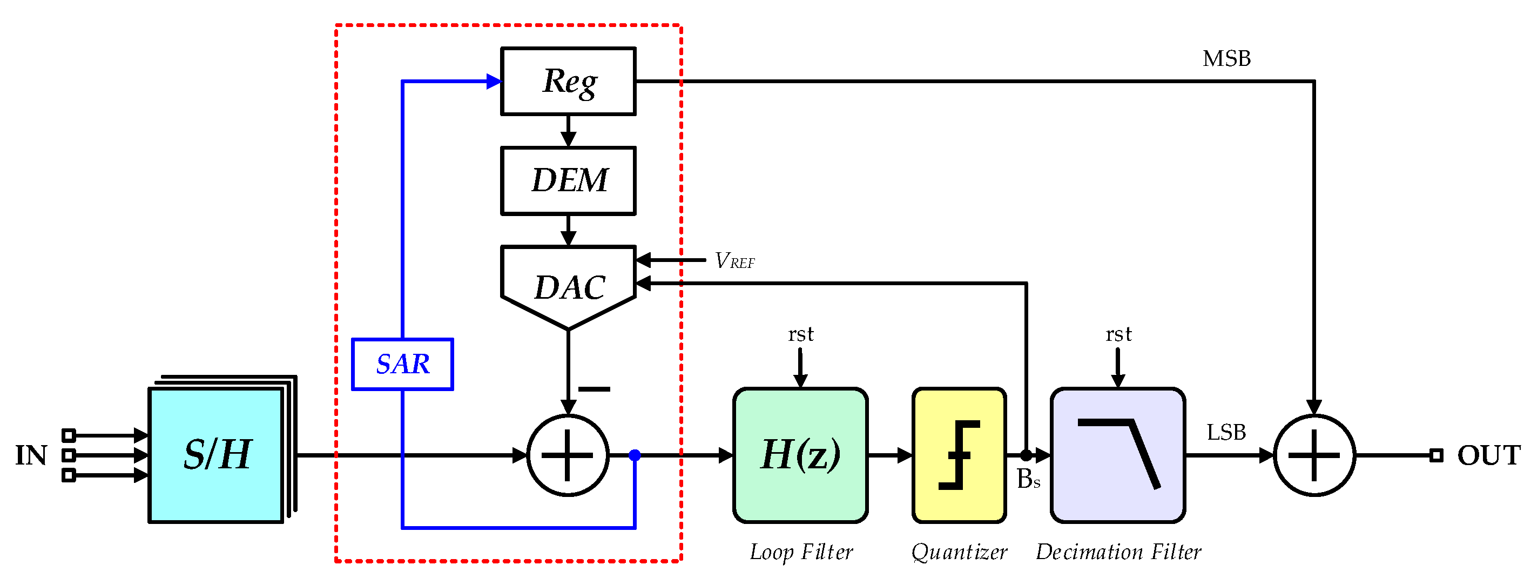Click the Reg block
568,81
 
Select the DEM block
568,181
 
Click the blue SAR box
402,364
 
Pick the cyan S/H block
215,455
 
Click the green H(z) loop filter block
800,455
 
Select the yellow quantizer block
959,455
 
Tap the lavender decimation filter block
1117,455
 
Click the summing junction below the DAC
568,455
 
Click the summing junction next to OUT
1314,455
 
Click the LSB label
1226,432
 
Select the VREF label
734,260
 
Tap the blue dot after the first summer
635,455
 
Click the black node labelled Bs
1027,455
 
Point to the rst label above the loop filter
800,334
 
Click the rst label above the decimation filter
1118,334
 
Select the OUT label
1488,455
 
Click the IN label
31,455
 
